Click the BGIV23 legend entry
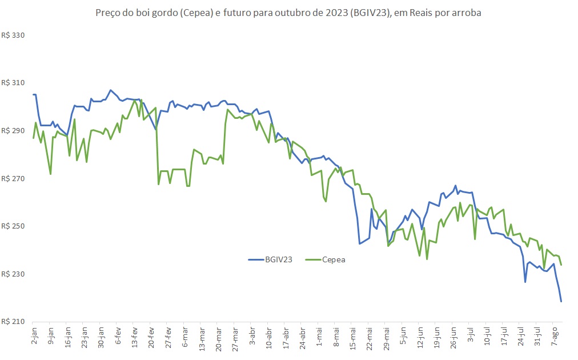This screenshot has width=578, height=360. [272, 259]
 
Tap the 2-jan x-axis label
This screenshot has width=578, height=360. [34, 336]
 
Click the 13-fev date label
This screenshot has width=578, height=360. [135, 337]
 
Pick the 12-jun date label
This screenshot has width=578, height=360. [420, 337]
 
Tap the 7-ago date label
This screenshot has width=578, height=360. [554, 336]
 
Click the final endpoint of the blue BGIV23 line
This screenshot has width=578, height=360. [561, 301]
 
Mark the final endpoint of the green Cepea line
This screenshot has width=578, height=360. [561, 265]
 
